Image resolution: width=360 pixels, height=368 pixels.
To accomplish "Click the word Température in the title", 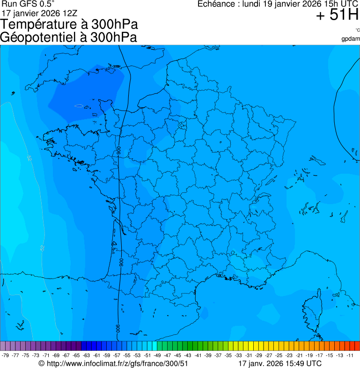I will pyautogui.click(x=37, y=24).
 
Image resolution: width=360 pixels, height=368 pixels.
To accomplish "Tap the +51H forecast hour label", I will pyautogui.click(x=337, y=15).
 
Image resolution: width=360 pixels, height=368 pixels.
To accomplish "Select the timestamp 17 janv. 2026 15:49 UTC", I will pyautogui.click(x=280, y=363).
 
